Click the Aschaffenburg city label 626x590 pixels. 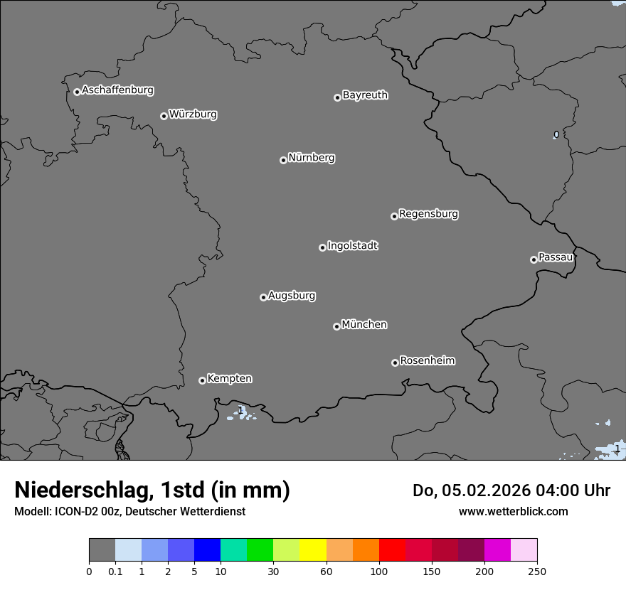[x=117, y=90]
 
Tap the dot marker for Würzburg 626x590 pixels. [x=164, y=116]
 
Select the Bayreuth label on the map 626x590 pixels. [x=365, y=95]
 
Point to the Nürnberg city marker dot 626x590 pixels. [x=283, y=160]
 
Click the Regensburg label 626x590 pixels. [x=428, y=214]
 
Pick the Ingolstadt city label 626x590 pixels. [x=352, y=246]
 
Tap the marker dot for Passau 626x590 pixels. [x=534, y=259]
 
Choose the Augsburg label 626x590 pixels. [x=292, y=296]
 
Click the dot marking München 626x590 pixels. [x=336, y=326]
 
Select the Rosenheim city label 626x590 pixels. [x=427, y=361]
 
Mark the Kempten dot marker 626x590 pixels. [x=202, y=380]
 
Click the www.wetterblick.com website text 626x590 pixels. [x=513, y=511]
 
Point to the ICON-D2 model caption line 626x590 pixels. [x=129, y=511]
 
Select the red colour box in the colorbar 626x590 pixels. [x=392, y=550]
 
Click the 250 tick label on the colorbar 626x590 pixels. [x=537, y=571]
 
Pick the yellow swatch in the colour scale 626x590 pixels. [x=313, y=550]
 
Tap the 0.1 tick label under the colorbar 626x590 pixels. [x=115, y=571]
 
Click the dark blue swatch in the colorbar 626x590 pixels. [x=207, y=550]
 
